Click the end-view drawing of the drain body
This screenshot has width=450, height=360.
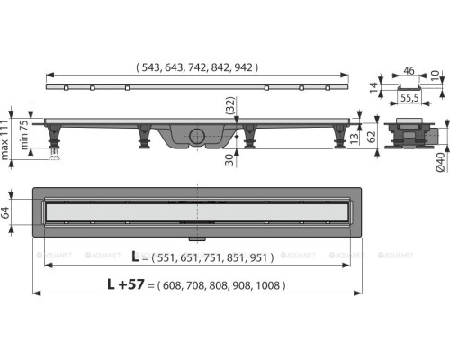pyautogui.click(x=411, y=136)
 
